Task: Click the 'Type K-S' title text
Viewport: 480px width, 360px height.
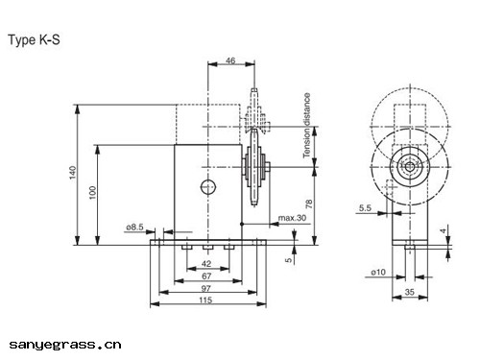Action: [34, 40]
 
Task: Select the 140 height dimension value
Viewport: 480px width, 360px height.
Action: [73, 173]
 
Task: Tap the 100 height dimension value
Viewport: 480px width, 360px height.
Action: [92, 193]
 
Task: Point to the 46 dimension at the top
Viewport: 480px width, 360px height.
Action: [230, 60]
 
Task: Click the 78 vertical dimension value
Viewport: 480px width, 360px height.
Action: [309, 204]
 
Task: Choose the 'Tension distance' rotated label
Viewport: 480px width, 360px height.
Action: [307, 125]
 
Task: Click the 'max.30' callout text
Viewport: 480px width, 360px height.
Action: [292, 218]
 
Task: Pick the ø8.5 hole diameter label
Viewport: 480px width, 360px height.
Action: [134, 227]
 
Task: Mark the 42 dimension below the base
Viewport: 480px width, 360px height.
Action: [206, 263]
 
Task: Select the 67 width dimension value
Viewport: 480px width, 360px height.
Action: [206, 276]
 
